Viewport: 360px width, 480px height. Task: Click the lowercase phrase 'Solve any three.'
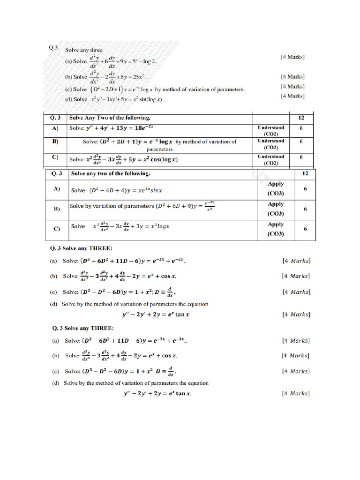coord(84,50)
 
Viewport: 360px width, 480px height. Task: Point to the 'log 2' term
coord(150,61)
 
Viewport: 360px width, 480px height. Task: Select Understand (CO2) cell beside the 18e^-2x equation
coord(270,130)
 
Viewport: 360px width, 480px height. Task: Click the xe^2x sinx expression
coord(148,190)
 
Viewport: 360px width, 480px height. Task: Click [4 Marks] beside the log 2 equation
coord(292,57)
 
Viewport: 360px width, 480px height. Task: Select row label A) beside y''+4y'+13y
coord(54,127)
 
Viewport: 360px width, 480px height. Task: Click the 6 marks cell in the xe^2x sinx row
coord(305,188)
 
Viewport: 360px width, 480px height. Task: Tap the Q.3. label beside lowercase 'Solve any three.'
coord(54,47)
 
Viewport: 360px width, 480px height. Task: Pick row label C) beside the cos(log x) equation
coord(54,157)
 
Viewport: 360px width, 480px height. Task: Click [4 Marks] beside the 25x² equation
coord(292,76)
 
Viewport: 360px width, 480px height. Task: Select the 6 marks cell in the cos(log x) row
coord(301,157)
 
